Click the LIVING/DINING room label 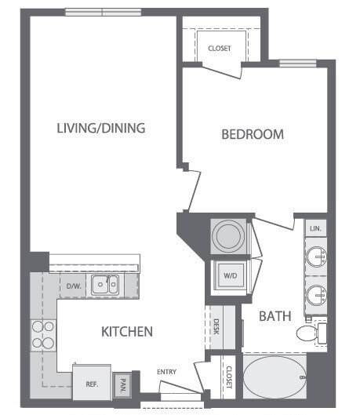[x=101, y=128]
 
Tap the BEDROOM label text [x=252, y=134]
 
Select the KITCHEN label [x=126, y=332]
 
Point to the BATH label [x=276, y=316]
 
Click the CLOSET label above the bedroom [x=220, y=49]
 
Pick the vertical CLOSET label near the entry [x=229, y=378]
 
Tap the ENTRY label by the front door [x=166, y=372]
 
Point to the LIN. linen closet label [x=316, y=229]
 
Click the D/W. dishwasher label [x=74, y=286]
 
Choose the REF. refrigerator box [x=91, y=384]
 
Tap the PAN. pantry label [x=122, y=385]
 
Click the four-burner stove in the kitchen [x=42, y=336]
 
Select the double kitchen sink [x=104, y=285]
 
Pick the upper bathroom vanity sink [x=315, y=257]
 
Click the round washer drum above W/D [x=230, y=235]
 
